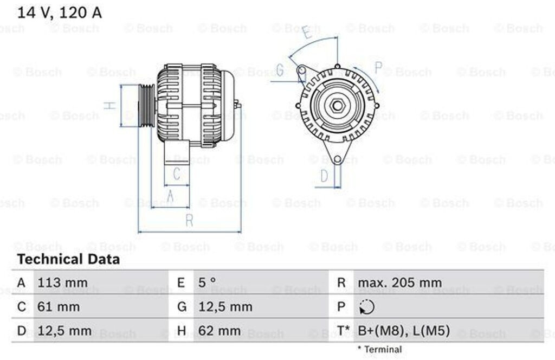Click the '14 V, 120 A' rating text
60,13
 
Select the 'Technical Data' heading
69,259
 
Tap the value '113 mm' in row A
63,283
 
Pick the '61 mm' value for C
59,306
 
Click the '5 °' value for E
207,282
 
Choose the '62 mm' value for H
220,331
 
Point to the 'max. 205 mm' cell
400,283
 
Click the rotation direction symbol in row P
367,307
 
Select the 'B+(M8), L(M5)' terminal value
404,331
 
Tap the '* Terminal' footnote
379,349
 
